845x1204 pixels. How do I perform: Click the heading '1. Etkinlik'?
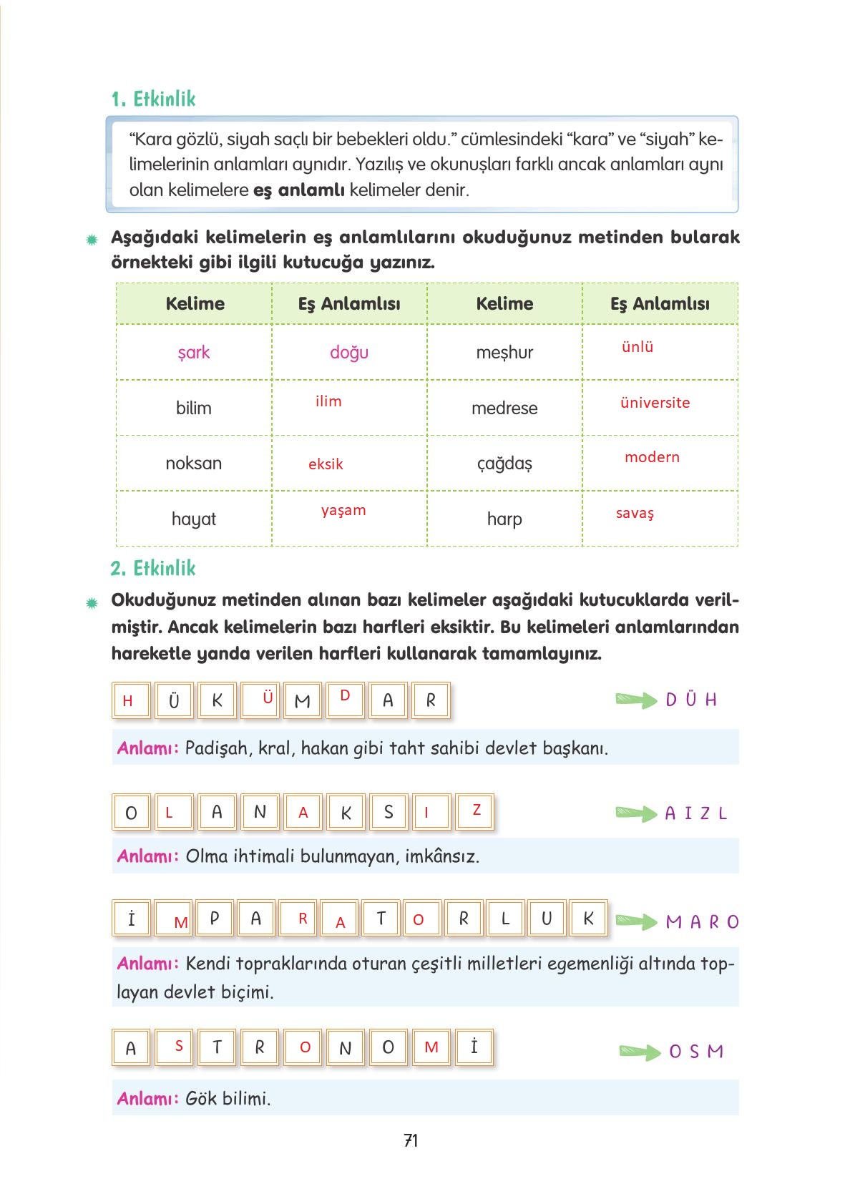point(153,99)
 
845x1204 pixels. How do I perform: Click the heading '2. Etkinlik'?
point(153,568)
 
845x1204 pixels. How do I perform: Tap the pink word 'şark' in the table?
point(194,353)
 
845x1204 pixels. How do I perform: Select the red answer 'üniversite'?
point(655,403)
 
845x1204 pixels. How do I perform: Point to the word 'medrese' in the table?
point(504,408)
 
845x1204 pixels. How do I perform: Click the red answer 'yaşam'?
point(343,511)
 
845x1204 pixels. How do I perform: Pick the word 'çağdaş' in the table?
point(504,464)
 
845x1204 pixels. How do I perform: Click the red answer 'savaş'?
point(635,514)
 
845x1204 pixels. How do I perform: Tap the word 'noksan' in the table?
point(194,464)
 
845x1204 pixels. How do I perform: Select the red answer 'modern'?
point(652,457)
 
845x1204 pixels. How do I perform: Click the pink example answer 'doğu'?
point(349,353)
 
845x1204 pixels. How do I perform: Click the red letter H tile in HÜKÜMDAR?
point(129,701)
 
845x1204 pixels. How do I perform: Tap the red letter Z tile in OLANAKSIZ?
point(476,811)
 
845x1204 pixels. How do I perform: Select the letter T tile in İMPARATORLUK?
point(381,919)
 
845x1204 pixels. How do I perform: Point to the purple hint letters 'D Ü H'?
point(690,700)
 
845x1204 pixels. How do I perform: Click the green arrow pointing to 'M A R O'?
point(636,921)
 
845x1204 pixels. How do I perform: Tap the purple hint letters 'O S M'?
point(696,1052)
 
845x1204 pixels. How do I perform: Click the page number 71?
point(411,1140)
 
